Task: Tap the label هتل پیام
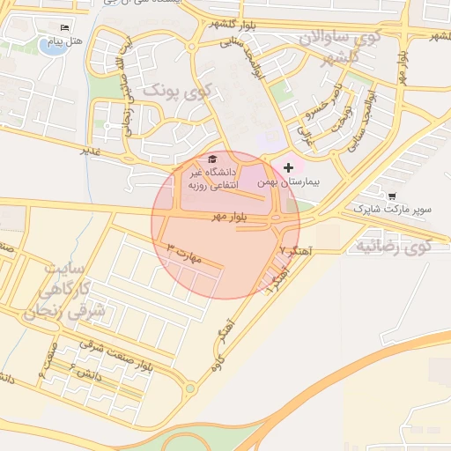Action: click(x=68, y=41)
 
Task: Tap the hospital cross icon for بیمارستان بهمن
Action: click(x=289, y=166)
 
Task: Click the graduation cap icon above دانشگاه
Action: click(x=211, y=159)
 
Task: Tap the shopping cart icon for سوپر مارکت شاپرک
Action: click(x=391, y=196)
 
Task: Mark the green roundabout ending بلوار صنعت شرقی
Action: click(x=190, y=387)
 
